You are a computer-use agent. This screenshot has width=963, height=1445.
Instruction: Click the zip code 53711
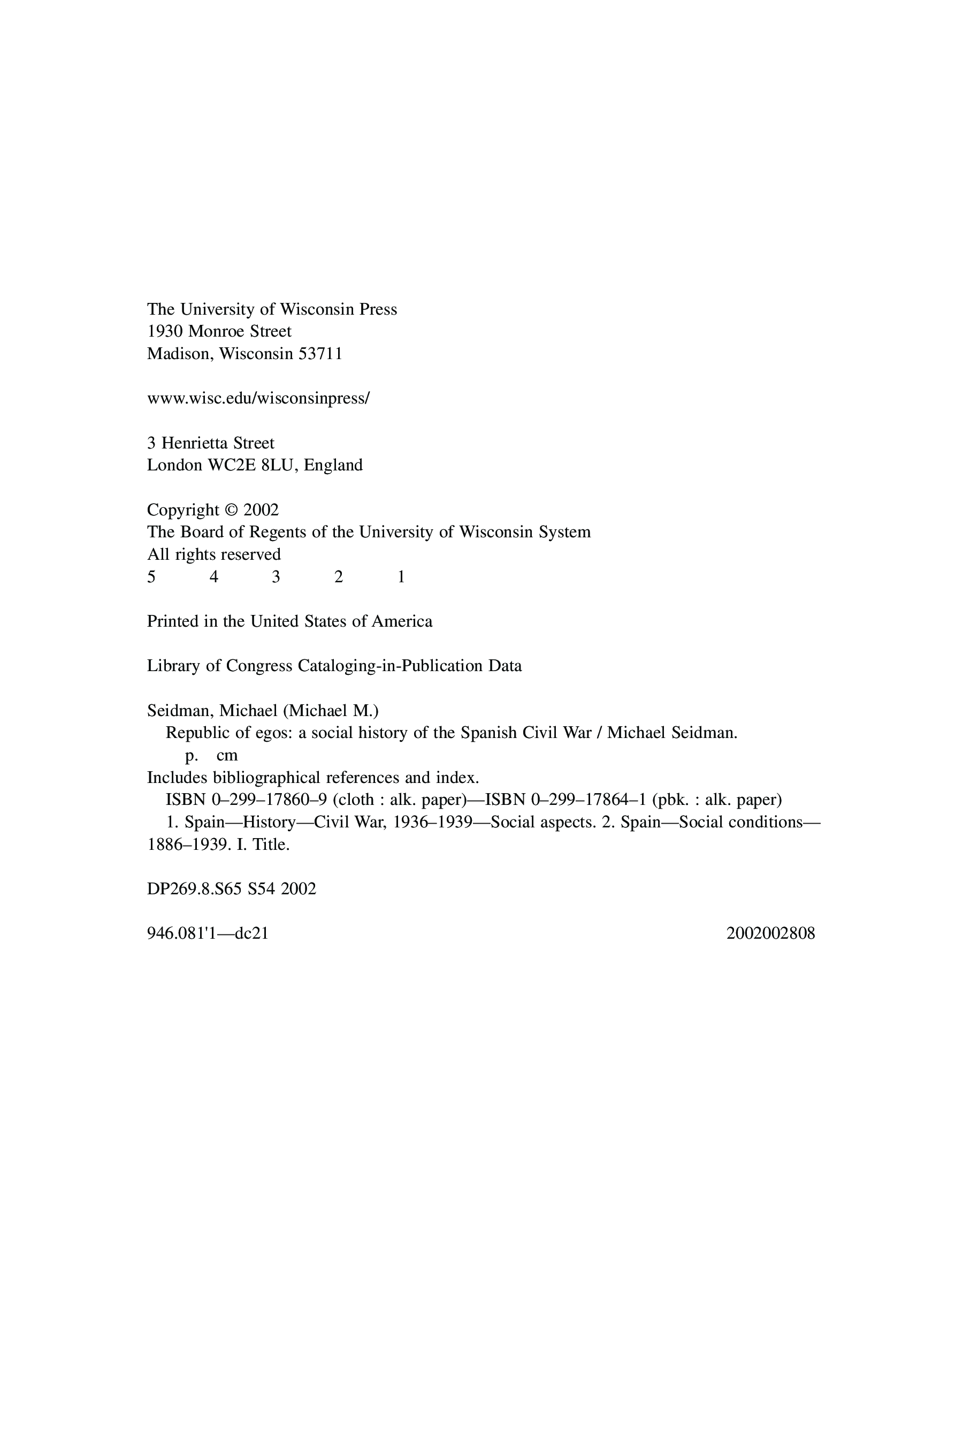tap(320, 354)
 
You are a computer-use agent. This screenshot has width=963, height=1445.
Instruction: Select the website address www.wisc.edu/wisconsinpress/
tap(258, 399)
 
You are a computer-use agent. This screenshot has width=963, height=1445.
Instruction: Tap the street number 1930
tap(165, 332)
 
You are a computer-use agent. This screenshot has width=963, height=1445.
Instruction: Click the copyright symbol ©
tap(231, 510)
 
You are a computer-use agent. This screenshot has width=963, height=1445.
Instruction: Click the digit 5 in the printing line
tap(151, 577)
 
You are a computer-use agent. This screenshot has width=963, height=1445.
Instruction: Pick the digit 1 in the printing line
tap(401, 577)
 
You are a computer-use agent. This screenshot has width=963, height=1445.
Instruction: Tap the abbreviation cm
tap(227, 756)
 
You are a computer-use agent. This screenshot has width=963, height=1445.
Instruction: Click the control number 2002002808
tap(770, 934)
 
